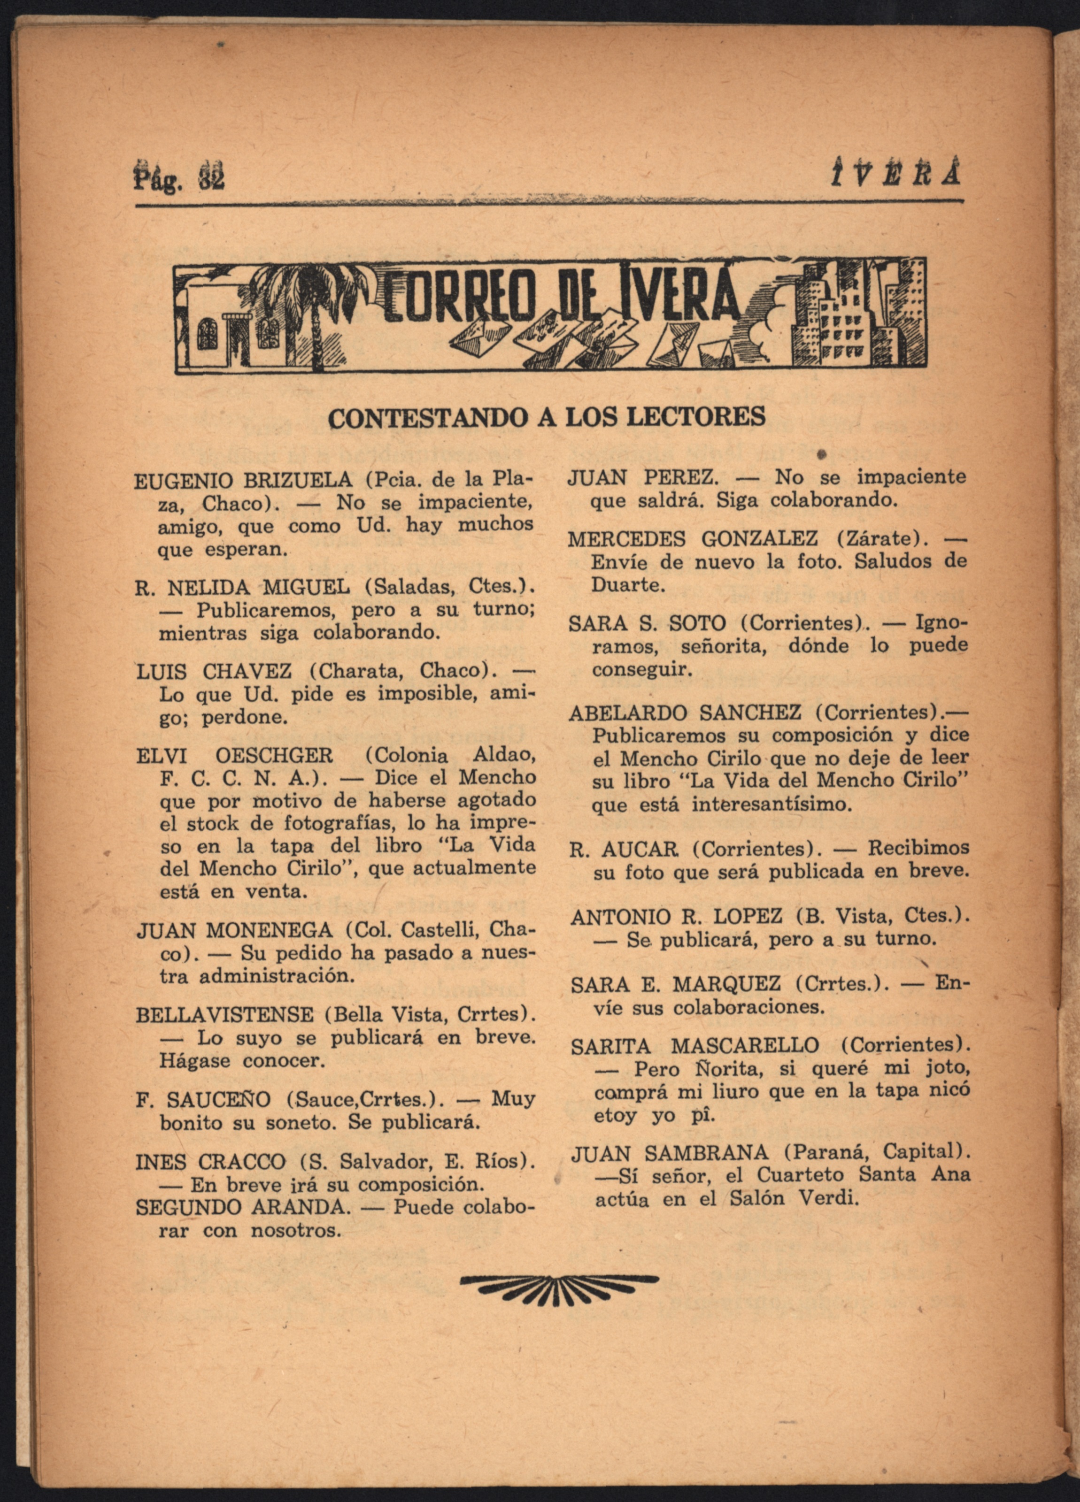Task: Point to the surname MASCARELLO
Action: point(744,1045)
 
